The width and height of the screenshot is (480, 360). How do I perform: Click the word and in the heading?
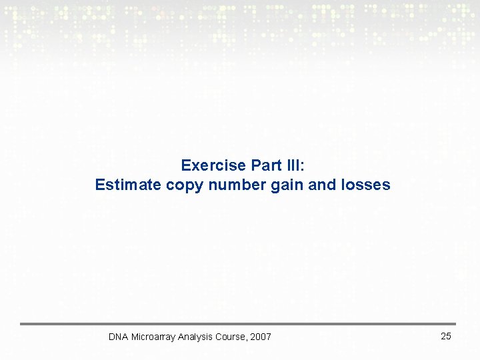(322, 185)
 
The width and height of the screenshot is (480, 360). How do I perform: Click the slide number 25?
(446, 336)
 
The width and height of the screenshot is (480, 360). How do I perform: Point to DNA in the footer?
(118, 337)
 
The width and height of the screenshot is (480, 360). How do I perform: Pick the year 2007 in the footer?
(261, 337)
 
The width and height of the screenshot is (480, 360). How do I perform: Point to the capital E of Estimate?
(100, 185)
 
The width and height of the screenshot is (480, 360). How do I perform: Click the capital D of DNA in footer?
(112, 337)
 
